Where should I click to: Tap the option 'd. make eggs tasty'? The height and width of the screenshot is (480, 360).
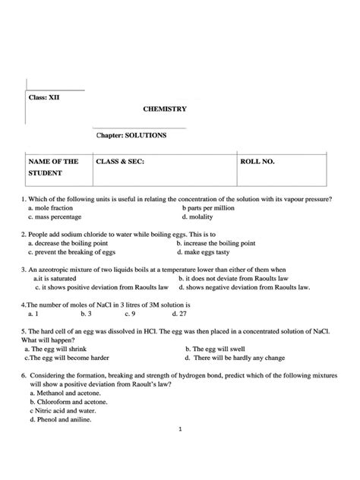point(205,252)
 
